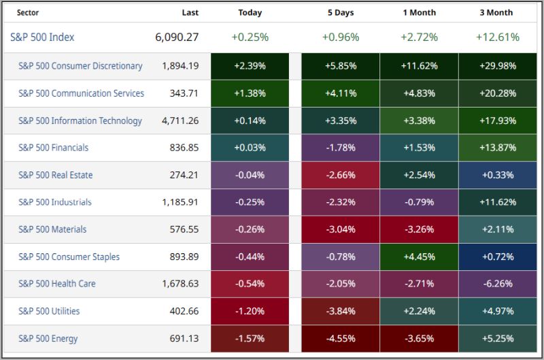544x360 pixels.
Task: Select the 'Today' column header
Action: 250,12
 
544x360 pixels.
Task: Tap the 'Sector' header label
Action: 28,12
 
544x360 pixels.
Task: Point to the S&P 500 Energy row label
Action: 48,338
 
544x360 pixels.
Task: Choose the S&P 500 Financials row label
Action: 54,148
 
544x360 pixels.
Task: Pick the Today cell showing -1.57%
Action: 250,338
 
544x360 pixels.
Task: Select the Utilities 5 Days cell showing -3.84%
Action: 340,311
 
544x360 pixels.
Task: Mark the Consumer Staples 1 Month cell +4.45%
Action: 419,257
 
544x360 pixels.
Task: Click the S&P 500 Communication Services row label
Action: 81,93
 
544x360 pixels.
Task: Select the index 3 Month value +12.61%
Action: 498,37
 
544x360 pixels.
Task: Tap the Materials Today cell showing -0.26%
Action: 250,229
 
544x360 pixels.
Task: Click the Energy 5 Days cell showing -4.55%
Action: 340,338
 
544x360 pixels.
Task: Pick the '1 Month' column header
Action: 419,12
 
